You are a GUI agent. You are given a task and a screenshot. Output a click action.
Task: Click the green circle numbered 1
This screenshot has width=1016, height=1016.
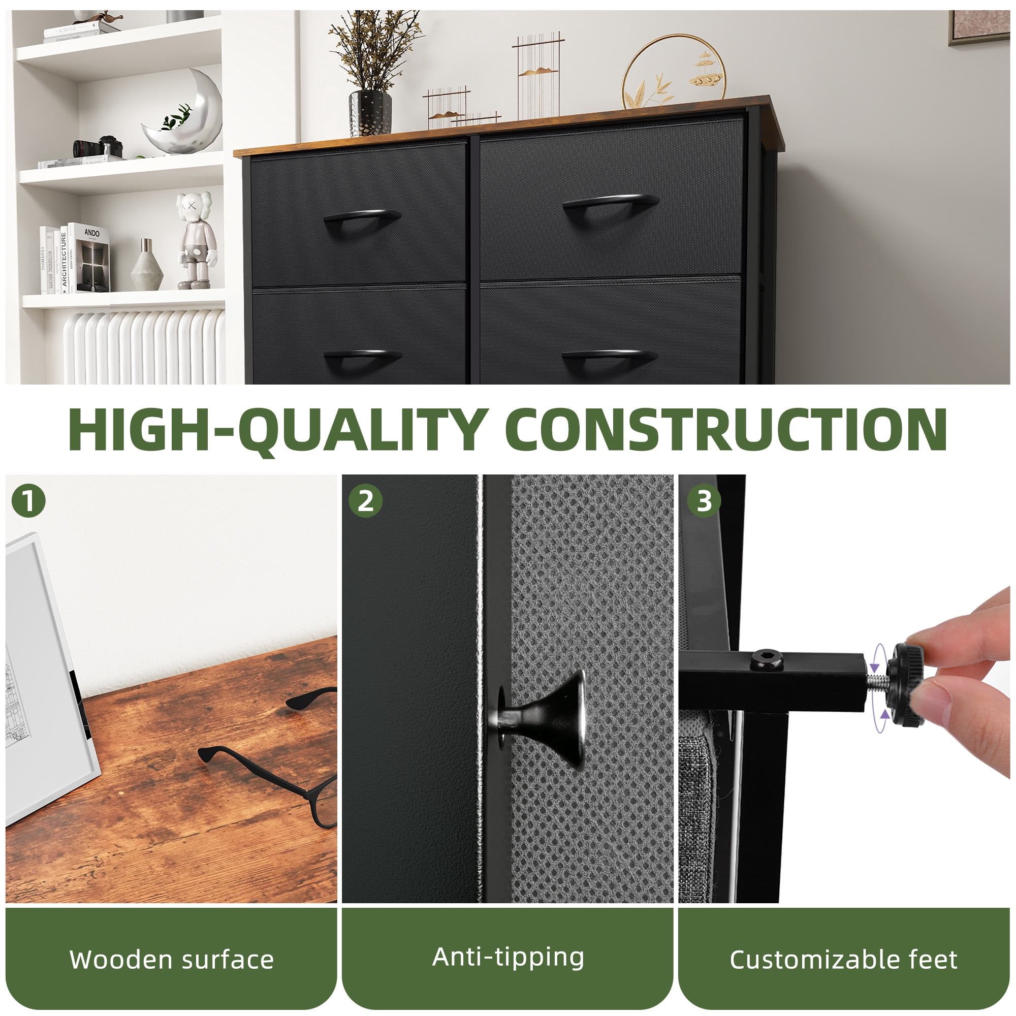pos(28,501)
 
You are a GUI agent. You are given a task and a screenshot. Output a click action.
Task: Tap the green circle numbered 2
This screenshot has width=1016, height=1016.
pos(365,501)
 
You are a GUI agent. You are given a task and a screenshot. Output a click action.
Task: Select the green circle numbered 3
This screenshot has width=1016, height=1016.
pos(704,501)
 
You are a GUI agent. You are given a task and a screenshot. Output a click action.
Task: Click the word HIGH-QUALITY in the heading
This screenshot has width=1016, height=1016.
pos(279,430)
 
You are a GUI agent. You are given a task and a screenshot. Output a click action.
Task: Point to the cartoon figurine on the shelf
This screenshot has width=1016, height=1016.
pos(196,240)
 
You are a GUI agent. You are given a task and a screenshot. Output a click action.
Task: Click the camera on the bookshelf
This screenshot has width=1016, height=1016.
pos(99,147)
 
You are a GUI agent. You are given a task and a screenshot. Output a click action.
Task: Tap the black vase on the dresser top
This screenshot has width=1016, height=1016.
pos(370,113)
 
